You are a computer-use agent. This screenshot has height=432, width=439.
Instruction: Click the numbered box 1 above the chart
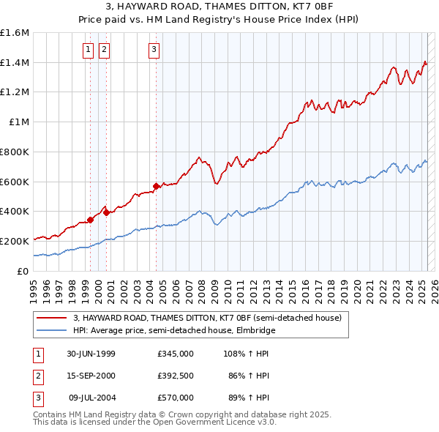[89, 50]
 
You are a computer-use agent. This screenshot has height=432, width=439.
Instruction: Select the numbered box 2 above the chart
[104, 50]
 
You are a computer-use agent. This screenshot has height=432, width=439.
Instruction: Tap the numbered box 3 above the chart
[154, 50]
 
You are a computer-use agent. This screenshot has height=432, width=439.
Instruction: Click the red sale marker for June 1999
[91, 219]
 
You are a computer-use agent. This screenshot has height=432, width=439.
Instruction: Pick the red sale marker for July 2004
[157, 186]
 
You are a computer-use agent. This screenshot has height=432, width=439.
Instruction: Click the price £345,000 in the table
[176, 353]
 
